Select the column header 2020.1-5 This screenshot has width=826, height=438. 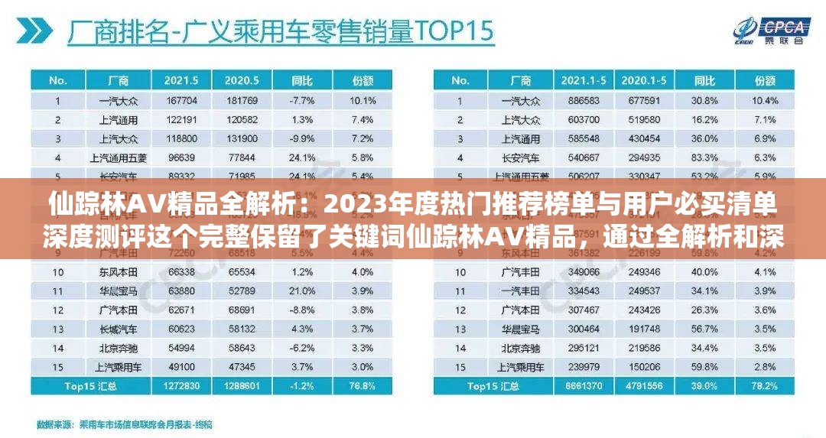644,79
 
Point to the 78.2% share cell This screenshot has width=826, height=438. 766,386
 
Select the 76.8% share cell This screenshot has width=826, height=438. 362,386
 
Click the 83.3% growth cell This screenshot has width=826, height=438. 704,158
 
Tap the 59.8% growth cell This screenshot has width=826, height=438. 704,366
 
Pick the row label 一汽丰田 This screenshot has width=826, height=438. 520,290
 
